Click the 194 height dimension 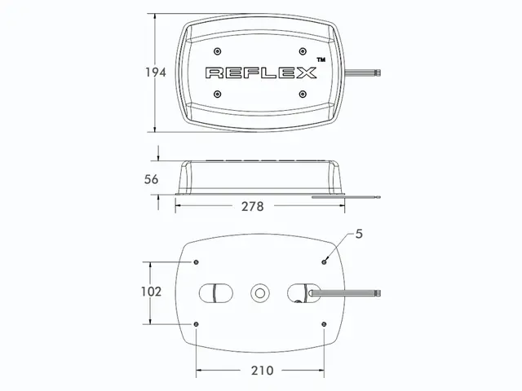157,72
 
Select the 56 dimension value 150,179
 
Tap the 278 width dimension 252,206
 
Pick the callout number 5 358,234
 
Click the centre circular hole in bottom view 261,292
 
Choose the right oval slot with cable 302,292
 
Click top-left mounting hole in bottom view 197,261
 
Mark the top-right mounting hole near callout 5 325,261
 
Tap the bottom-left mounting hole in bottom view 197,324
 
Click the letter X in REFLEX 306,72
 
